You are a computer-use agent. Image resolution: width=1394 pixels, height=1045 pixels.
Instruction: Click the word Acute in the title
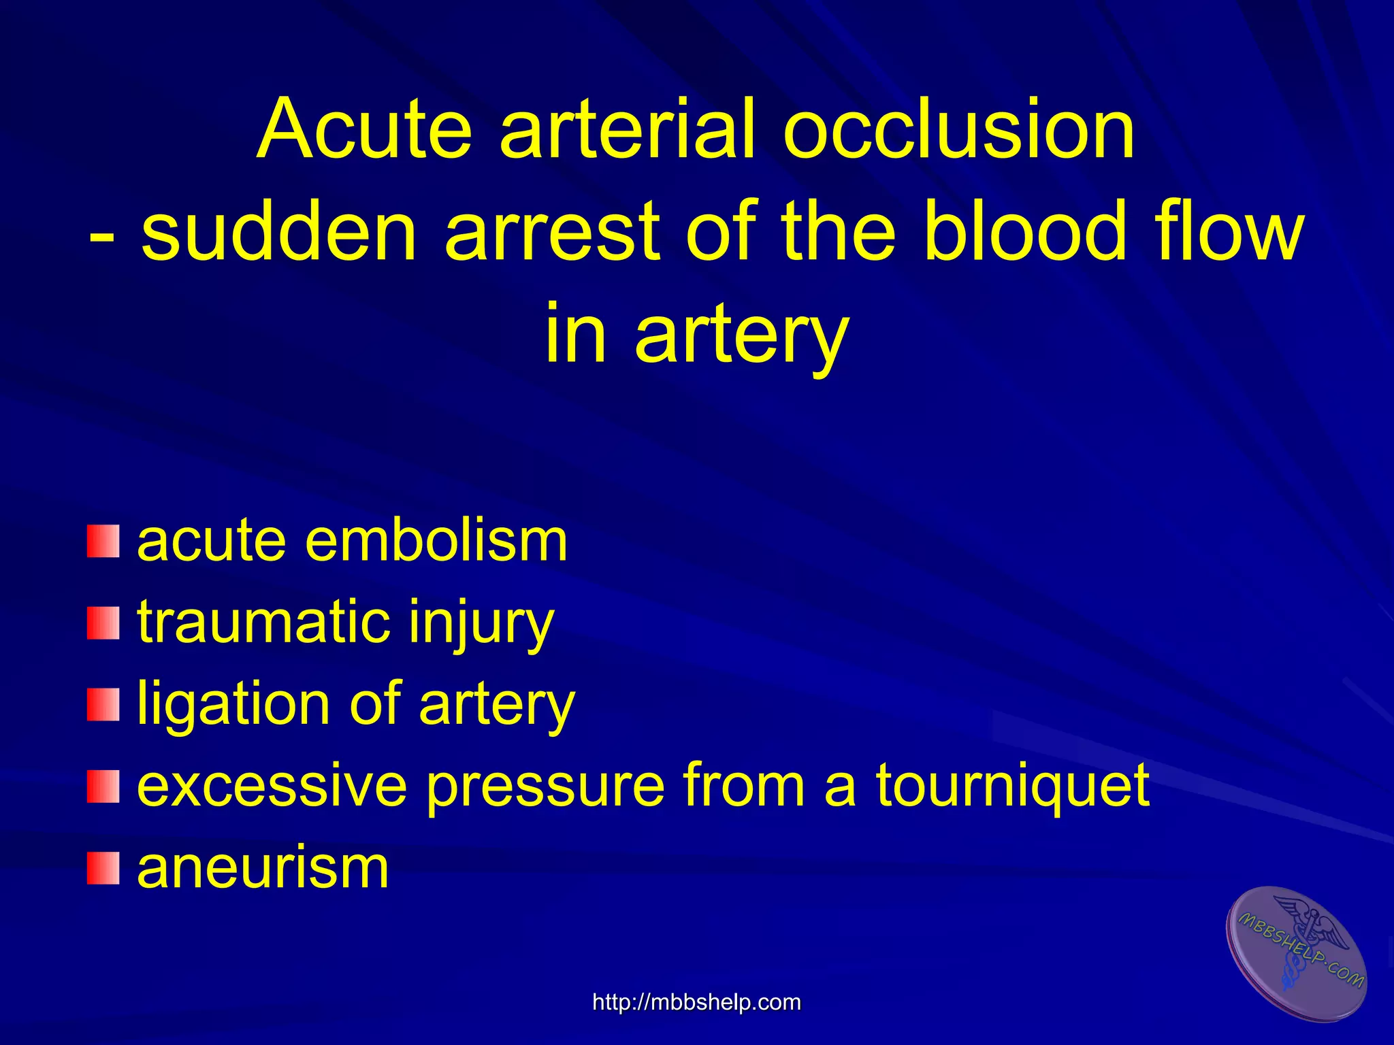pyautogui.click(x=365, y=129)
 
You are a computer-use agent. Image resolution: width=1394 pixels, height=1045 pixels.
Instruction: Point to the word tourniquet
pyautogui.click(x=1012, y=788)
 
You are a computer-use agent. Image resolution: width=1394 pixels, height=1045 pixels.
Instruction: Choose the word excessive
pyautogui.click(x=272, y=786)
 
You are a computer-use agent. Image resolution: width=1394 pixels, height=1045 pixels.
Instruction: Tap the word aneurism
pyautogui.click(x=263, y=868)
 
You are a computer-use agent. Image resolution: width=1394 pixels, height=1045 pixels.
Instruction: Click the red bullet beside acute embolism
pyautogui.click(x=103, y=541)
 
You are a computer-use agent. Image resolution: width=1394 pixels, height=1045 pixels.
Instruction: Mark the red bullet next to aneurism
pyautogui.click(x=103, y=868)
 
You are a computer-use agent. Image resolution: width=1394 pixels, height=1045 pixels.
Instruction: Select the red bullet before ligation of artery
pyautogui.click(x=103, y=704)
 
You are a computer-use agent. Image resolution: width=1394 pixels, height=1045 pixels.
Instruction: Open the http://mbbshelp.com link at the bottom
pyautogui.click(x=696, y=1002)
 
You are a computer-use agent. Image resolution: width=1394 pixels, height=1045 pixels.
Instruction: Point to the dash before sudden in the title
pyautogui.click(x=102, y=235)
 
